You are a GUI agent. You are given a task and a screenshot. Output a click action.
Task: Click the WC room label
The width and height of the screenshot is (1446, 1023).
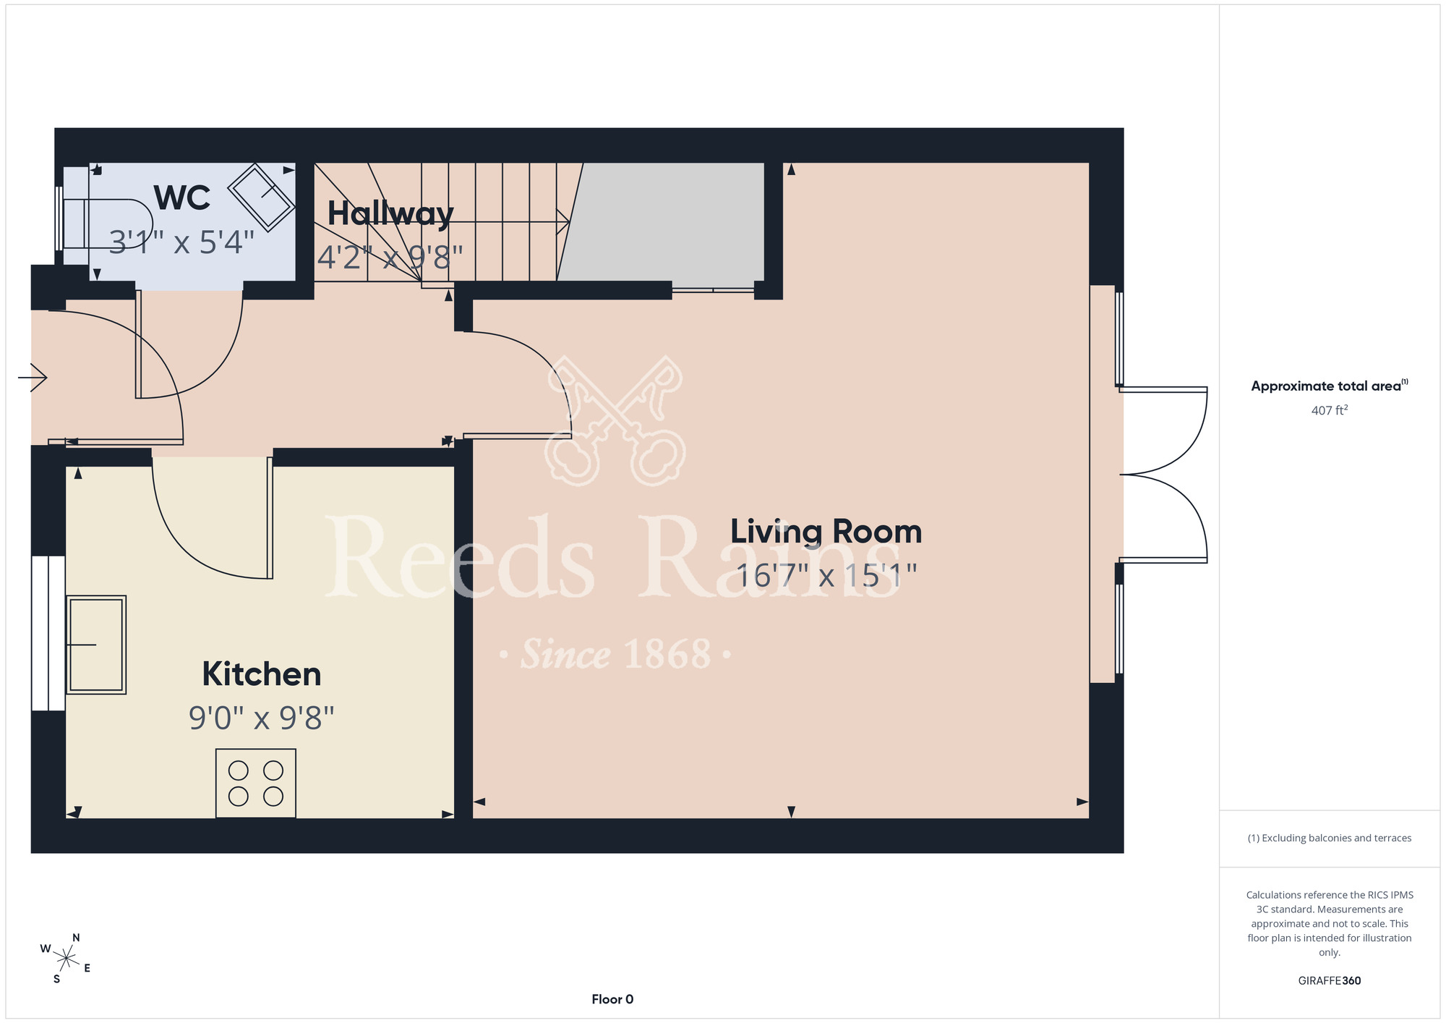(182, 198)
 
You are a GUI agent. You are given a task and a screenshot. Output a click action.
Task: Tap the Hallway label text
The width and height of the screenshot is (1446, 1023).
(390, 214)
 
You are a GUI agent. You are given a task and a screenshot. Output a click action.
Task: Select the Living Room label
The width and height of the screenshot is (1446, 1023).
(826, 532)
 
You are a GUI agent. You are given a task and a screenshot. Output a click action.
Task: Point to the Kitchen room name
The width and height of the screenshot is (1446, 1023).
(262, 674)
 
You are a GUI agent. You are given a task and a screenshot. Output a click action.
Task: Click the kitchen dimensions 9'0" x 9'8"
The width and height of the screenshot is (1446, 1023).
(262, 718)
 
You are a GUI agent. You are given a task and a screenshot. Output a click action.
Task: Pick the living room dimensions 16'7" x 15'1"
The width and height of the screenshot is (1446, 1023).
(826, 576)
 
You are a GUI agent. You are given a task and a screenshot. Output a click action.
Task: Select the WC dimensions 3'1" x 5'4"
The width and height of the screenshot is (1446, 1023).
(182, 242)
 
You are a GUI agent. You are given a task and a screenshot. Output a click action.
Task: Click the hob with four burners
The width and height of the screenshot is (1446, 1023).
(256, 784)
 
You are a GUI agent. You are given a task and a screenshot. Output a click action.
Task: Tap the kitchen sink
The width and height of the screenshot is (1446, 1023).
(96, 645)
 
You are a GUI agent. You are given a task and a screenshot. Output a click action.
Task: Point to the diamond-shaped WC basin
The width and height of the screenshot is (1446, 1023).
(262, 198)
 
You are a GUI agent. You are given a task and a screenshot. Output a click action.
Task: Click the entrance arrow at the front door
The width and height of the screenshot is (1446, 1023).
(33, 377)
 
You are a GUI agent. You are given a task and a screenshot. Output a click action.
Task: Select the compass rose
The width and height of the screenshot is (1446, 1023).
(66, 959)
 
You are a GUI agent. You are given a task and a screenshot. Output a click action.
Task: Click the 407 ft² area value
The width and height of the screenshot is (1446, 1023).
(1330, 410)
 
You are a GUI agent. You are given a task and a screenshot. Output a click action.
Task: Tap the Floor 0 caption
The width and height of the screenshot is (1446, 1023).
(612, 999)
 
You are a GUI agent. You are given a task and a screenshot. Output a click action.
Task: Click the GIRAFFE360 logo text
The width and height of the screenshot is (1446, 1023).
(1330, 981)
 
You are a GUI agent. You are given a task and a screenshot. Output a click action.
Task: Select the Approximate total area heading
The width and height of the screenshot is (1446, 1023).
(1330, 386)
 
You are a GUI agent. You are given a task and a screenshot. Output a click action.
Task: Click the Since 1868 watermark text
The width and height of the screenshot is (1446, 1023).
(616, 654)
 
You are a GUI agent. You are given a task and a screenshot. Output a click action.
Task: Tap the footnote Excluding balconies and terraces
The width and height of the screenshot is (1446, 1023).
(1330, 838)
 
